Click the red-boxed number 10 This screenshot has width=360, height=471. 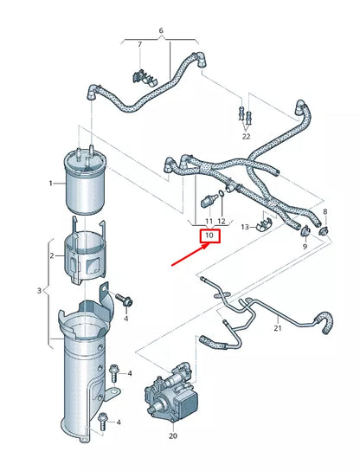209,235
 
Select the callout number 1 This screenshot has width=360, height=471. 51,183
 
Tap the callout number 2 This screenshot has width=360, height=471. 51,256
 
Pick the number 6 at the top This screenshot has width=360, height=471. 160,30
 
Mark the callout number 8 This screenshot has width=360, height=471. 325,212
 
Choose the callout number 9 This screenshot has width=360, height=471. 305,247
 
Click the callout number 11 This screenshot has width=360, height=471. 209,223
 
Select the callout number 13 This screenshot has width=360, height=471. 245,227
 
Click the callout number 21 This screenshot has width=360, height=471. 277,329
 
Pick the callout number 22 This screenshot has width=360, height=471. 246,136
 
